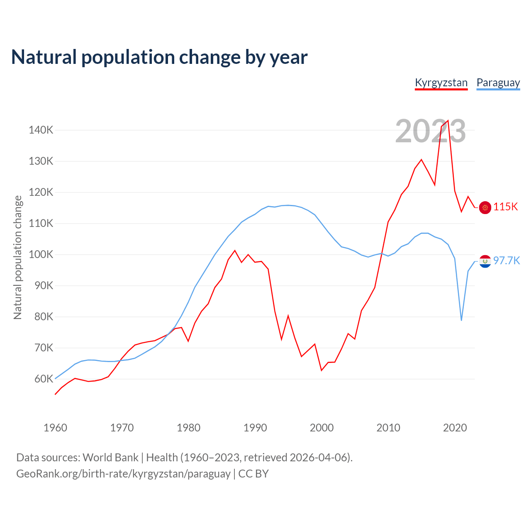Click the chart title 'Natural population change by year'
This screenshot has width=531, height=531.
click(159, 57)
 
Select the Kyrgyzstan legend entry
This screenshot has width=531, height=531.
click(441, 83)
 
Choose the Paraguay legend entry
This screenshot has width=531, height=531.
click(498, 83)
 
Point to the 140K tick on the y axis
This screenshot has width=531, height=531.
click(41, 130)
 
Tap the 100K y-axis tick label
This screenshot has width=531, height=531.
click(41, 255)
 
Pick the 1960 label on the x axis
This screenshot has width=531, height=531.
click(55, 428)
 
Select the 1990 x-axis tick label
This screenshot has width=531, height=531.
click(255, 428)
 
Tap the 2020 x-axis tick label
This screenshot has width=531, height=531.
click(455, 428)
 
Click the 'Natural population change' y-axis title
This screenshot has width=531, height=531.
click(17, 257)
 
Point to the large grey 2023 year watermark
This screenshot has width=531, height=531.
click(430, 132)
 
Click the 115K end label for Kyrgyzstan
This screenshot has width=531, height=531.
click(505, 207)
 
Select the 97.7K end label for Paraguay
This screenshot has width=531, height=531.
click(507, 261)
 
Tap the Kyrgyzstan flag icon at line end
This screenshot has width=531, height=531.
click(485, 207)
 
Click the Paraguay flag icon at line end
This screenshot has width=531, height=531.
click(485, 261)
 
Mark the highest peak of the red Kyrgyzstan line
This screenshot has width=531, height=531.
click(448, 121)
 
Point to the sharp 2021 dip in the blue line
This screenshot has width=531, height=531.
click(461, 320)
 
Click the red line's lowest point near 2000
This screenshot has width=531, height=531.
click(322, 370)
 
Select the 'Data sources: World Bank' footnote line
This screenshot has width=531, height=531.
click(184, 458)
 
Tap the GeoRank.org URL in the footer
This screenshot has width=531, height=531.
click(123, 474)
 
